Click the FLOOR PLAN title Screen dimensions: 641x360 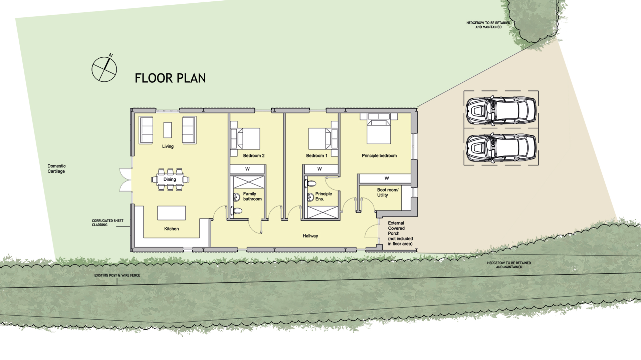(x=170, y=78)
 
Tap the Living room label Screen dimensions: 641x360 (x=168, y=146)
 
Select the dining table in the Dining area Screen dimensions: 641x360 (x=170, y=179)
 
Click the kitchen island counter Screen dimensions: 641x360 (x=172, y=213)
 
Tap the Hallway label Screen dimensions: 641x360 (x=310, y=236)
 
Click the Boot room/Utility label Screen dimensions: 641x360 (x=388, y=193)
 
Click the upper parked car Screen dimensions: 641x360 (x=501, y=111)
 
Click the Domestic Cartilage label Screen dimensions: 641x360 (x=56, y=168)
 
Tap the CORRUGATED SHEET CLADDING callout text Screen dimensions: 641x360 (x=108, y=223)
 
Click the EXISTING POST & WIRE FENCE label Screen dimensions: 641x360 (x=117, y=275)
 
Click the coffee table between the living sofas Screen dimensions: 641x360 (x=168, y=130)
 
